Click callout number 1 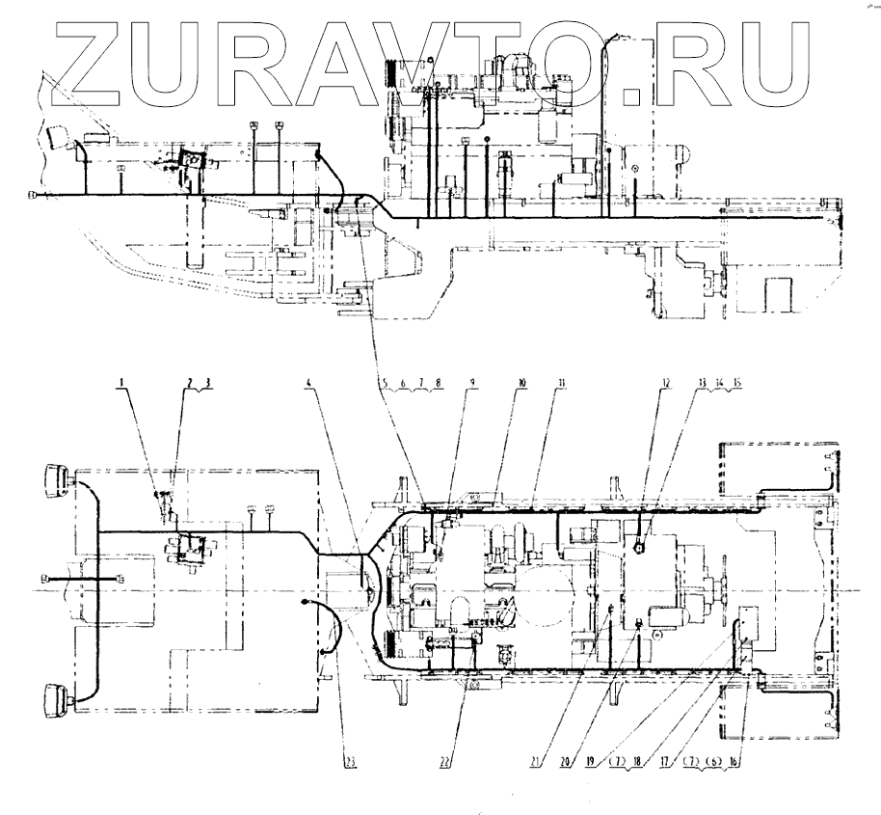(x=122, y=383)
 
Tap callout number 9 (x=471, y=383)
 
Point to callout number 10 (x=521, y=383)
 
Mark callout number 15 (x=737, y=383)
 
